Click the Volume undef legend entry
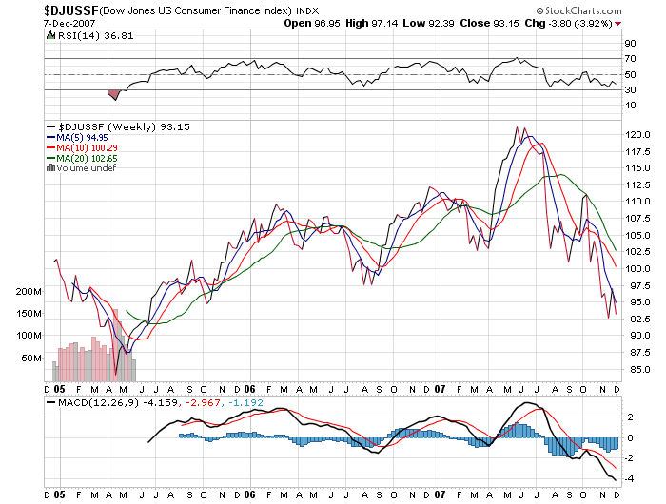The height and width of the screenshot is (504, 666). (x=87, y=168)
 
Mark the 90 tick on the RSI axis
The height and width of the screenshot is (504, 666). (x=630, y=44)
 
